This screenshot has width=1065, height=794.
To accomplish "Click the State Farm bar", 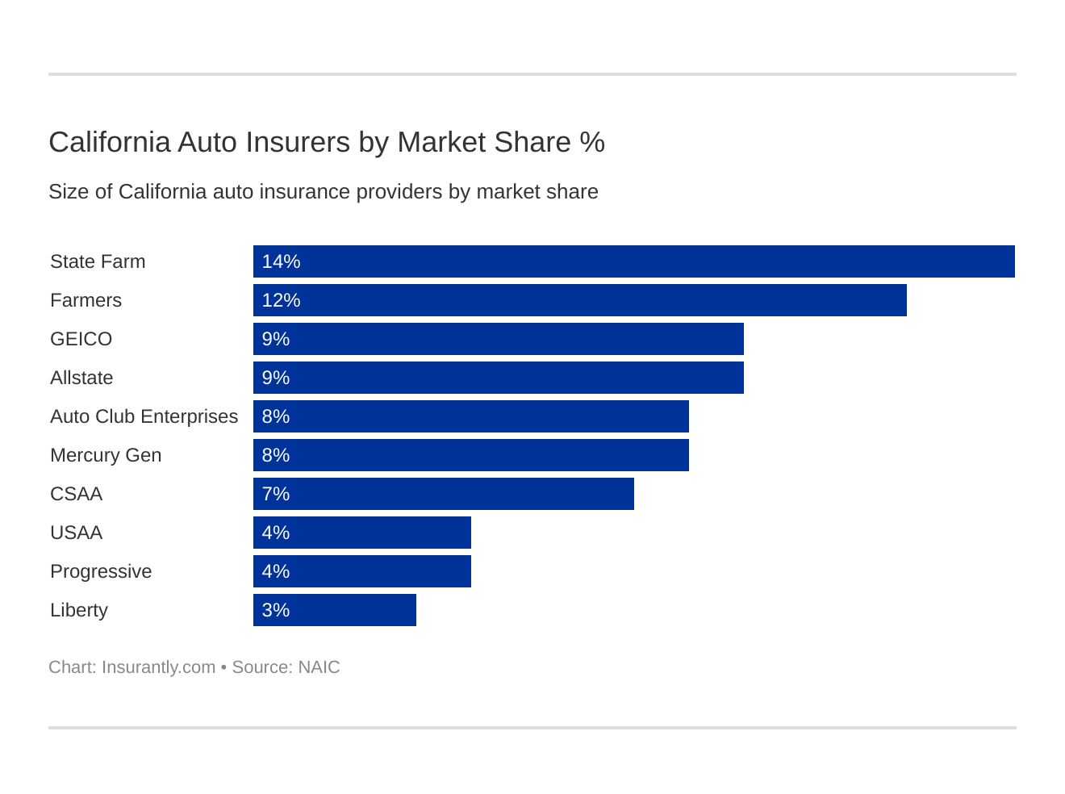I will pyautogui.click(x=633, y=261).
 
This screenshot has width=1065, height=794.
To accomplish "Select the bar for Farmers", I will pyautogui.click(x=579, y=300).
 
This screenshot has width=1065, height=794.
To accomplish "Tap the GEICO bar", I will pyautogui.click(x=498, y=339).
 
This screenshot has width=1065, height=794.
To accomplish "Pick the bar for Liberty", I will pyautogui.click(x=334, y=610).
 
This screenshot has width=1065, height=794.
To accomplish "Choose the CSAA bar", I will pyautogui.click(x=443, y=494).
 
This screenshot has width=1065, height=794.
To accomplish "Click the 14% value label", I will pyautogui.click(x=281, y=261).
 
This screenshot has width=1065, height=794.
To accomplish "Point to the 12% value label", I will pyautogui.click(x=281, y=300).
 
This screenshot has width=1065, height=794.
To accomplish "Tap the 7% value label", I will pyautogui.click(x=275, y=494).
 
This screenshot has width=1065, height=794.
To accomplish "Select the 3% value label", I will pyautogui.click(x=275, y=610).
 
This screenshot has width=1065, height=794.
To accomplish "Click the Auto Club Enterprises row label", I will pyautogui.click(x=144, y=416).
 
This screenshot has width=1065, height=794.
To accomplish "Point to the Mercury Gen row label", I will pyautogui.click(x=106, y=455).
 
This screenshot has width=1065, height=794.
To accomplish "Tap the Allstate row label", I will pyautogui.click(x=81, y=378).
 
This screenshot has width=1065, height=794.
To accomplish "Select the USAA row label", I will pyautogui.click(x=76, y=533).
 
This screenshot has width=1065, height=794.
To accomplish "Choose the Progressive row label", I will pyautogui.click(x=101, y=571).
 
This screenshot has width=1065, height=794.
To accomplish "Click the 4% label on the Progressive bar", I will pyautogui.click(x=275, y=571).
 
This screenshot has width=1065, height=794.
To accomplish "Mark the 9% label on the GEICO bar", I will pyautogui.click(x=275, y=339).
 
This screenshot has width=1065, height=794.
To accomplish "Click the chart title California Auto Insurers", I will pyautogui.click(x=326, y=142).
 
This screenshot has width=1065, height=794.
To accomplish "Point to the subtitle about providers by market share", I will pyautogui.click(x=323, y=192).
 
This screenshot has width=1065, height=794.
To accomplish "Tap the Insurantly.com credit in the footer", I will pyautogui.click(x=158, y=667).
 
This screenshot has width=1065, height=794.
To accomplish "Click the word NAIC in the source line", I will pyautogui.click(x=319, y=667).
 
